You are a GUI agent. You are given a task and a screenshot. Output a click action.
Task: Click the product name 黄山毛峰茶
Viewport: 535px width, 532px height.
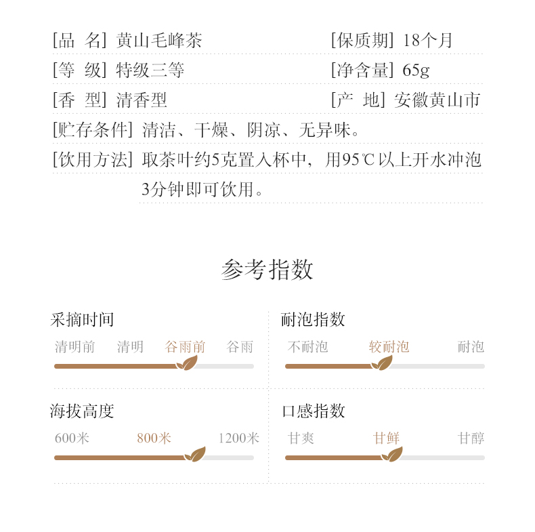pyautogui.click(x=159, y=40)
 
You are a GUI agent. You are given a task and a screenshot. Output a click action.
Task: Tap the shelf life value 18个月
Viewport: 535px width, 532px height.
pyautogui.click(x=428, y=40)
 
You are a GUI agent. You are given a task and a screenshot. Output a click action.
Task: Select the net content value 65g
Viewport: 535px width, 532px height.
pyautogui.click(x=416, y=70)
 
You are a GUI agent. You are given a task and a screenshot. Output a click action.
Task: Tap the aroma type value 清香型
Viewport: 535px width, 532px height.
pyautogui.click(x=142, y=100)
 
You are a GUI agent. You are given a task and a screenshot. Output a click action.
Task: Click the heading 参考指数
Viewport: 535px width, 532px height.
pyautogui.click(x=267, y=270)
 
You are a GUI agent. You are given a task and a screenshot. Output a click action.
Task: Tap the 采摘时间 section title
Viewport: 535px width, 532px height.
pyautogui.click(x=82, y=320)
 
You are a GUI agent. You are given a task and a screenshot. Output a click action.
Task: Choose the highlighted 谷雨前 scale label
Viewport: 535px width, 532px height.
pyautogui.click(x=185, y=347)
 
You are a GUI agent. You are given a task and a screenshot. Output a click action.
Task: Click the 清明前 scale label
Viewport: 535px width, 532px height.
pyautogui.click(x=74, y=347)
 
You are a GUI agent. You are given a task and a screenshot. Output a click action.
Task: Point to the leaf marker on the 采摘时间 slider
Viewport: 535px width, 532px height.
pyautogui.click(x=186, y=364)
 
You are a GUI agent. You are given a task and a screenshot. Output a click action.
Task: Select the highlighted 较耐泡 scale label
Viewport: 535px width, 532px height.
pyautogui.click(x=389, y=347)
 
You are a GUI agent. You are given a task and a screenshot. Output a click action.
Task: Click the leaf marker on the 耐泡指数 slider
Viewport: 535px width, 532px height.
pyautogui.click(x=382, y=364)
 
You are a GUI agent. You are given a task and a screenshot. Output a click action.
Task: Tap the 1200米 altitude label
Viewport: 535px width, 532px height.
pyautogui.click(x=238, y=438)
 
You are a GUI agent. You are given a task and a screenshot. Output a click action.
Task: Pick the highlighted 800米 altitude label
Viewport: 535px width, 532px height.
pyautogui.click(x=154, y=438)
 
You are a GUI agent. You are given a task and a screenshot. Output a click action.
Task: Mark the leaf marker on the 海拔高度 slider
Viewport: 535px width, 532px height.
pyautogui.click(x=195, y=455)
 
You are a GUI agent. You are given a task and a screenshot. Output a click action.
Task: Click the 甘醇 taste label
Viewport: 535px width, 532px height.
pyautogui.click(x=471, y=438)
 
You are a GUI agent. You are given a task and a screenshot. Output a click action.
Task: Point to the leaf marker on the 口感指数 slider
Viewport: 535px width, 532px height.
pyautogui.click(x=391, y=455)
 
